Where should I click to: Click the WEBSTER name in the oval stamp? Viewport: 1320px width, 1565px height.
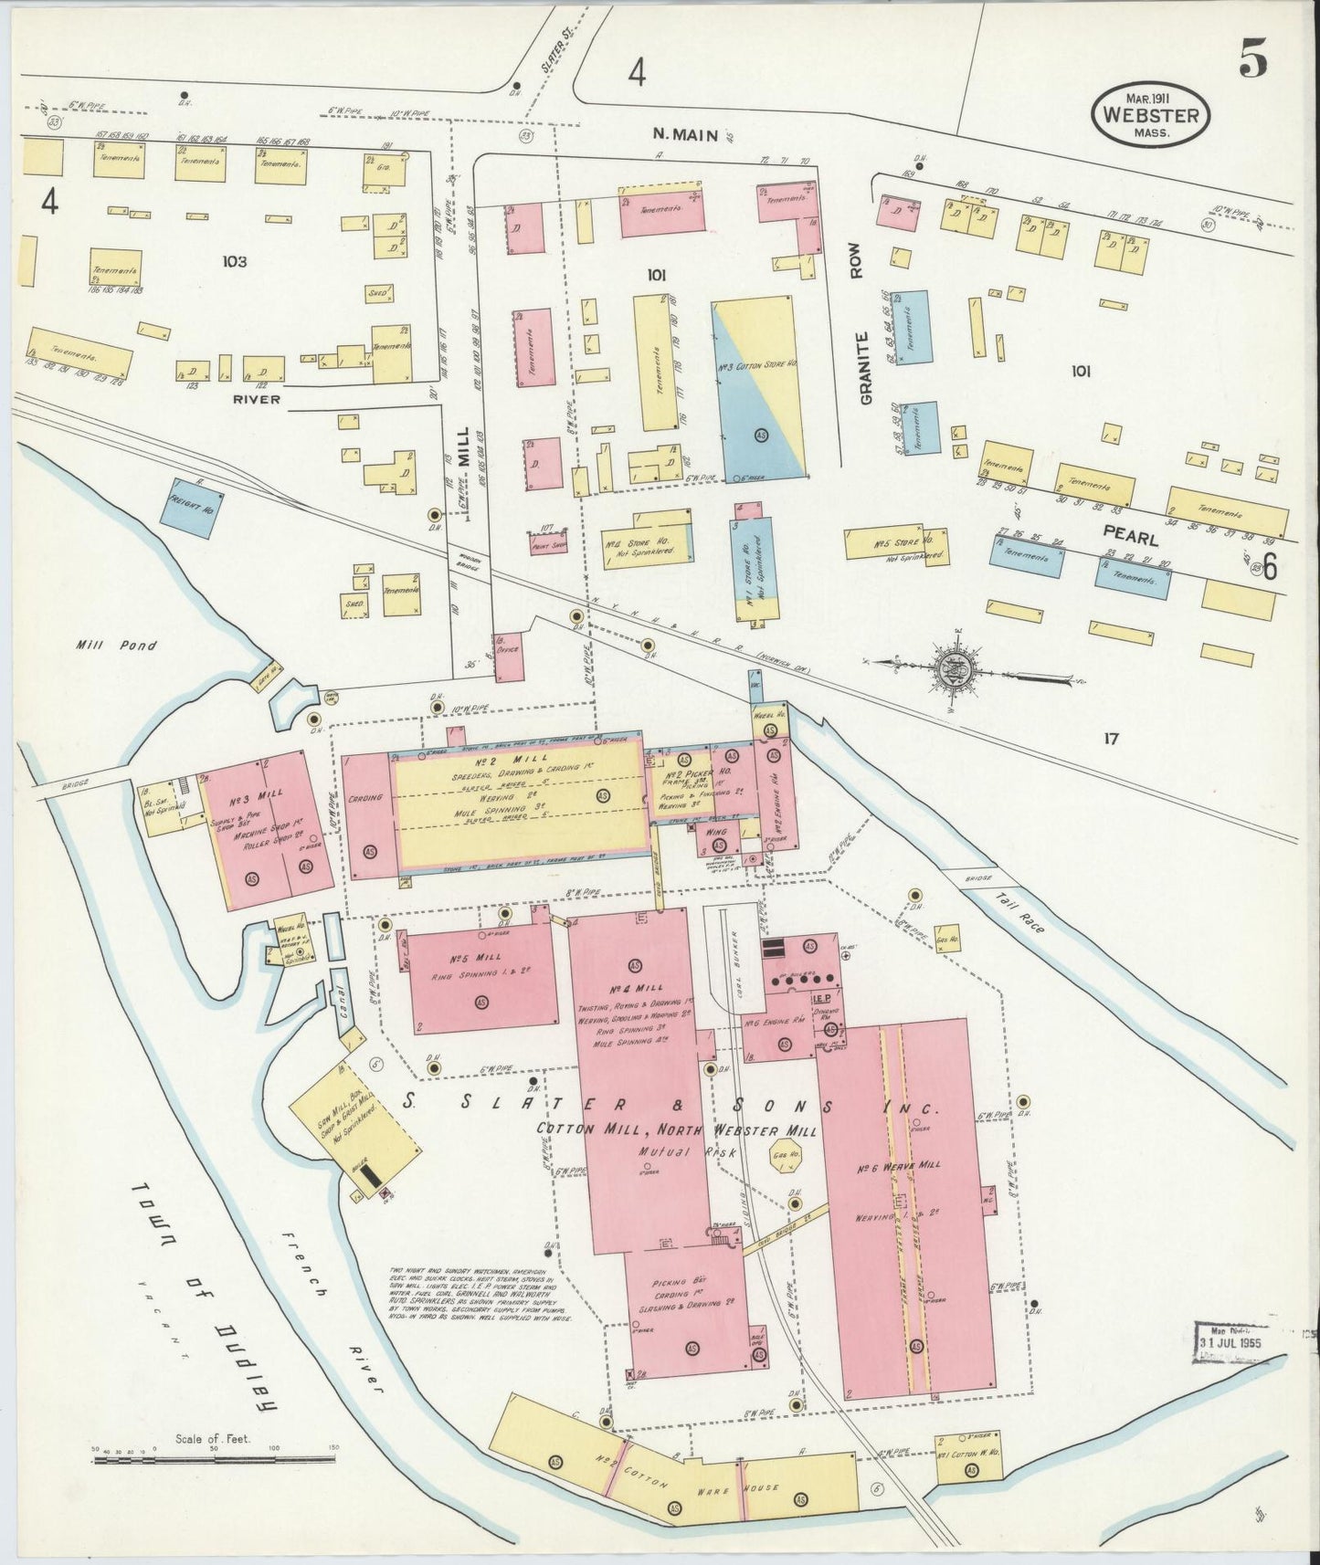pyautogui.click(x=1156, y=115)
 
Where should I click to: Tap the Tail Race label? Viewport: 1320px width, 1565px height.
pyautogui.click(x=1021, y=913)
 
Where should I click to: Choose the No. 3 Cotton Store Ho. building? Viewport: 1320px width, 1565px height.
pyautogui.click(x=758, y=388)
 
